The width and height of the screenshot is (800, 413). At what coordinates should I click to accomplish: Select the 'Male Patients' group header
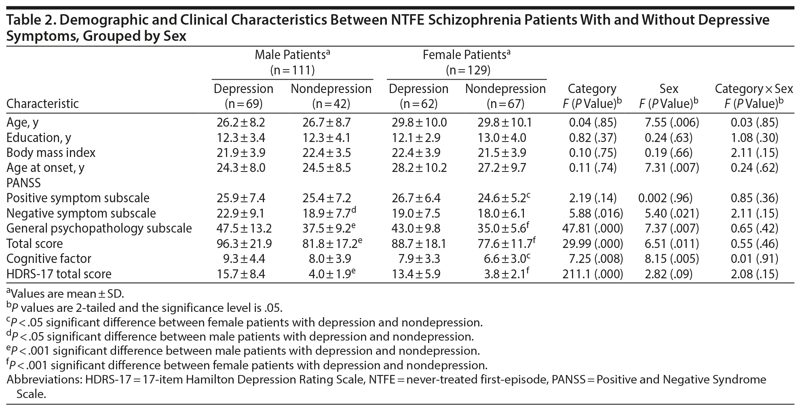(293, 55)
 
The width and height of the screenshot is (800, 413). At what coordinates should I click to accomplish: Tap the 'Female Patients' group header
(466, 55)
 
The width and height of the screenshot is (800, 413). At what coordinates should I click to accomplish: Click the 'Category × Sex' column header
(754, 89)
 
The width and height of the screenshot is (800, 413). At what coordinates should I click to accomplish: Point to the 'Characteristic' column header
(42, 104)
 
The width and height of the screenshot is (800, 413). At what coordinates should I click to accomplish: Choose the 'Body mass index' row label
(51, 152)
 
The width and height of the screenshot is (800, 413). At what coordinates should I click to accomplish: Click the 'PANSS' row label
(23, 183)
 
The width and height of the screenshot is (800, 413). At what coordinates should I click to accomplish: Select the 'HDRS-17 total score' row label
(59, 274)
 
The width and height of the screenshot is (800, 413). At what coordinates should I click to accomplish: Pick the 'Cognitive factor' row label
(49, 258)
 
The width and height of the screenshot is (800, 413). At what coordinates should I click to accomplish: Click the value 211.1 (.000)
(592, 274)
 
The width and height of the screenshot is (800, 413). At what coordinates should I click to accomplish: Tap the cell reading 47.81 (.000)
(592, 228)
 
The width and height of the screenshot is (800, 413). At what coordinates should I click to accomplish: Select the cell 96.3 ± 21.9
(244, 244)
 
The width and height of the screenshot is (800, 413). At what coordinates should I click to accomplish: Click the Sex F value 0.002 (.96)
(665, 198)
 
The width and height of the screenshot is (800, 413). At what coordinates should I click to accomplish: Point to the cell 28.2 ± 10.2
(419, 167)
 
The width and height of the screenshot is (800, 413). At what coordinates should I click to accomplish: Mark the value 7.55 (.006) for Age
(669, 122)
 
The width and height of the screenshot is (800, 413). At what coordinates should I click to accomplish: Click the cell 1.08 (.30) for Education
(754, 138)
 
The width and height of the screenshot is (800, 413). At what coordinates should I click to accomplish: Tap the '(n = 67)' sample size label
(505, 104)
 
